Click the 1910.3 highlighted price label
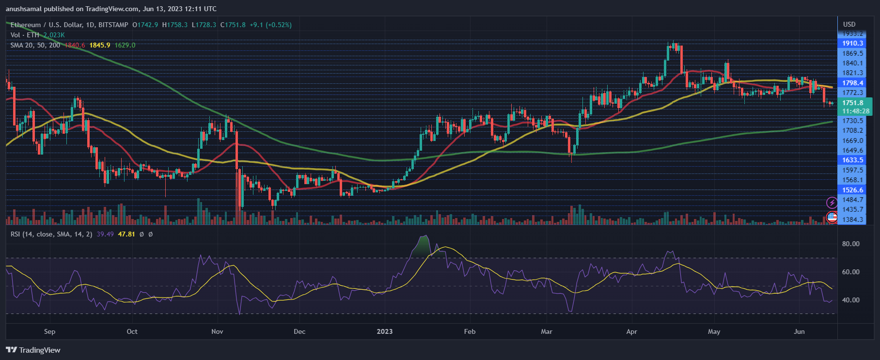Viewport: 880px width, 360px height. pos(852,43)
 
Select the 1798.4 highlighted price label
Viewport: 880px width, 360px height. pos(852,83)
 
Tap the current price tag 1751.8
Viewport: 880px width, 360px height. pos(852,103)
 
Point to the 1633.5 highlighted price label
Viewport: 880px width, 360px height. pos(852,160)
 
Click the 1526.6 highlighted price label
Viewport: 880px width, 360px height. pos(852,190)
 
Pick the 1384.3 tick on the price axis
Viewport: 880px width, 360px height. pos(852,219)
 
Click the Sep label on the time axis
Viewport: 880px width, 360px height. pos(49,331)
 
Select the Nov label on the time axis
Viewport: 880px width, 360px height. pos(217,331)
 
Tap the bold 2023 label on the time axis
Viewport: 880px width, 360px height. pos(385,331)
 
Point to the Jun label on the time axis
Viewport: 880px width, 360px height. pos(799,331)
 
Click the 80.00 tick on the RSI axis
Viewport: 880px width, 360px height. pos(850,244)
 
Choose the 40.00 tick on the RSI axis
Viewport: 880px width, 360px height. pos(850,300)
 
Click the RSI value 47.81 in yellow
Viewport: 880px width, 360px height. pos(126,234)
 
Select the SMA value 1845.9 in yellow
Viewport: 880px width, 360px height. pos(100,45)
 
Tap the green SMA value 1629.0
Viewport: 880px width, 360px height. pos(125,45)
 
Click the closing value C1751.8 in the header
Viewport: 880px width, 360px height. pos(233,25)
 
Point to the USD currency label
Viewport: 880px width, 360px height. pos(849,24)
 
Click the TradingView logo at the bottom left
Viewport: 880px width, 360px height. pos(33,350)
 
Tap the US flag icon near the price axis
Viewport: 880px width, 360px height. pos(832,217)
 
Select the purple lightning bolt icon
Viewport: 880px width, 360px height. pos(832,203)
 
